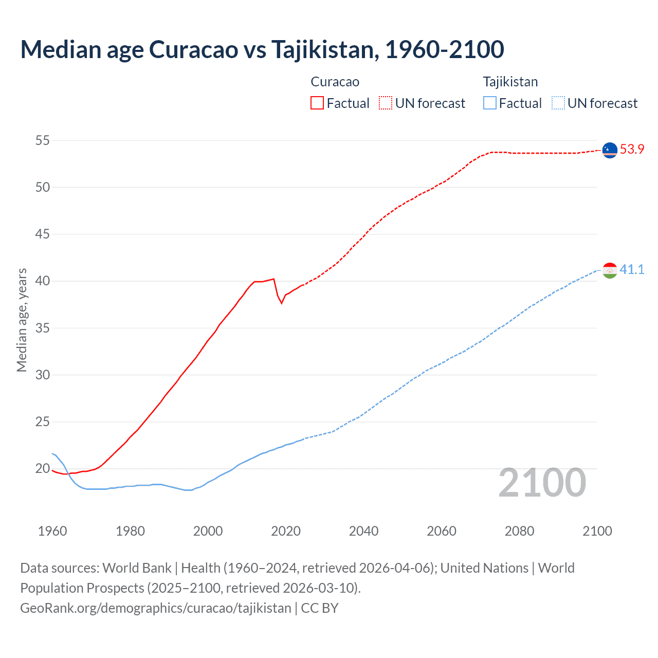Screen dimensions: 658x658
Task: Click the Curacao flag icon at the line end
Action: click(610, 150)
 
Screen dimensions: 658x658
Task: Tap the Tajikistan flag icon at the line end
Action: click(610, 270)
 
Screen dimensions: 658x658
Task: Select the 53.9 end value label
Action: click(632, 150)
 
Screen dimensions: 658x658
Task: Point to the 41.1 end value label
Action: click(632, 270)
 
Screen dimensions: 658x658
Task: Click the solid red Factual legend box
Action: click(317, 103)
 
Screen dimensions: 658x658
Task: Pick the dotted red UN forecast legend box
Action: click(386, 103)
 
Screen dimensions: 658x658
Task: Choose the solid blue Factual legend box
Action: click(490, 103)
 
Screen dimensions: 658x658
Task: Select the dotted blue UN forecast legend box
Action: click(558, 103)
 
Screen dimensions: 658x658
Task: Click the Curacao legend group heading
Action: click(335, 82)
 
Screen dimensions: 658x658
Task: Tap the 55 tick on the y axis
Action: click(43, 140)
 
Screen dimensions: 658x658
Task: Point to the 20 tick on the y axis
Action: click(43, 469)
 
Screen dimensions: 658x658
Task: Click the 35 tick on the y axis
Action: click(43, 328)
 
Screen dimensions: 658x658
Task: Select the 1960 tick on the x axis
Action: click(52, 531)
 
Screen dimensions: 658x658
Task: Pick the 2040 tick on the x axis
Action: click(363, 531)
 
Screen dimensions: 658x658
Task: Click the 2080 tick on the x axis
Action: click(519, 531)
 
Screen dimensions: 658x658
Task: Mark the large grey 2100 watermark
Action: click(542, 482)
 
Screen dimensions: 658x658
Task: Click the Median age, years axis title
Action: click(22, 320)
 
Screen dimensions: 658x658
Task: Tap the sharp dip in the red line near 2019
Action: click(281, 303)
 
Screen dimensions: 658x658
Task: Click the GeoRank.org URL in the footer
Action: click(156, 608)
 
